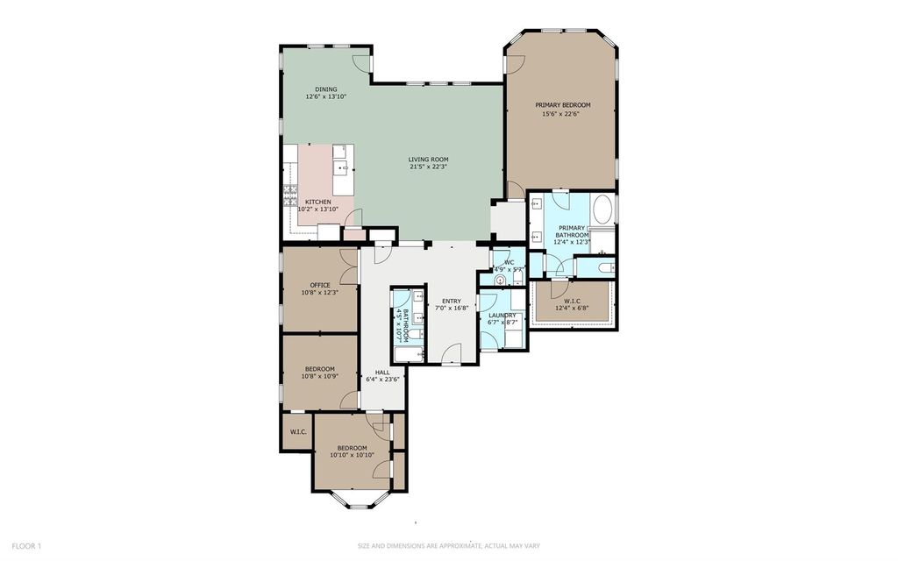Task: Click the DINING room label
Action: (x=326, y=89)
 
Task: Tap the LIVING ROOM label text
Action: (x=428, y=160)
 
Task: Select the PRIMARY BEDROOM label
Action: (x=563, y=105)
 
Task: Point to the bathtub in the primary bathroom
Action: (x=602, y=211)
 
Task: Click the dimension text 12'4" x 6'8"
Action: (x=572, y=309)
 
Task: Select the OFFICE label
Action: (x=320, y=285)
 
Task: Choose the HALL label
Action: (x=382, y=372)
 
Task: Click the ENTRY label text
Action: (x=453, y=300)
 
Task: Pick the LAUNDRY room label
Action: (x=502, y=315)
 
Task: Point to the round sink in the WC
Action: (x=501, y=280)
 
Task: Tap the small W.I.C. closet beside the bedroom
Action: (x=296, y=432)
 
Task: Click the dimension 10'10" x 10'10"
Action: (x=353, y=455)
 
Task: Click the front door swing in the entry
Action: (x=451, y=354)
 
